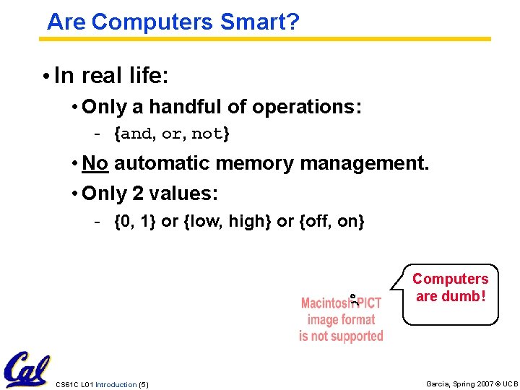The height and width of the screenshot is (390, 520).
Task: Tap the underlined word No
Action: pos(95,163)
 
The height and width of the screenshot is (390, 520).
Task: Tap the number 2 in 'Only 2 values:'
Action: pos(138,194)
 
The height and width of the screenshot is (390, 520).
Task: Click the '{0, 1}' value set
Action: pos(135,221)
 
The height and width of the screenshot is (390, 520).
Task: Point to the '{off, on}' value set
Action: pos(331,221)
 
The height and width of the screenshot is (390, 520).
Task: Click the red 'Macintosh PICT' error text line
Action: pos(341,303)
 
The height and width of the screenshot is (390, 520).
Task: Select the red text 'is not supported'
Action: pos(341,336)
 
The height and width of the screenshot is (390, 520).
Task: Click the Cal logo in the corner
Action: pos(26,370)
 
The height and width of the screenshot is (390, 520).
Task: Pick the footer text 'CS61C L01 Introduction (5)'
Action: pos(102,384)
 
